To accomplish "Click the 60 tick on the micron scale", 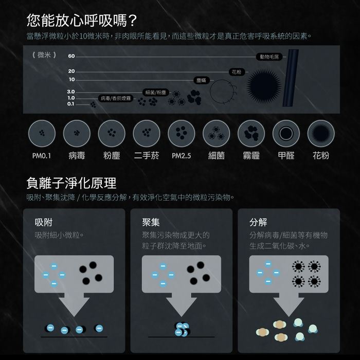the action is point(71,56).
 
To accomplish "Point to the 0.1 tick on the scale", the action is point(71,104).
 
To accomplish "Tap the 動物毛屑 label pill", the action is point(269,57).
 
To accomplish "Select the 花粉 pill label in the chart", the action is point(237,72).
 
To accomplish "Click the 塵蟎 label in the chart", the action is point(202,80).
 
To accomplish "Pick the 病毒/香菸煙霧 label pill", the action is point(116,99).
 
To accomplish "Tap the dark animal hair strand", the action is point(291,78).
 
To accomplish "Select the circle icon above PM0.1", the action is point(42,133).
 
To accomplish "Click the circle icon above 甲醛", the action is point(286,133).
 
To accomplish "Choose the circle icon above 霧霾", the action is point(251,133).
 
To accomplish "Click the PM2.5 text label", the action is point(182,156).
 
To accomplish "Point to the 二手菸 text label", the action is point(147,156).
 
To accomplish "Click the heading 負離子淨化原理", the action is point(71,183).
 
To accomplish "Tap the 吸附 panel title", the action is point(44,222).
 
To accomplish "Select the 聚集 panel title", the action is point(151,222).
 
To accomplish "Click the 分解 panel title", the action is point(258,222).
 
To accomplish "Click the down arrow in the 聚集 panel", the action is point(182,304).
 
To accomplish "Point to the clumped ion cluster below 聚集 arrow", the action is point(182,329).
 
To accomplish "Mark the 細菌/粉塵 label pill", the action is point(156,93).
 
